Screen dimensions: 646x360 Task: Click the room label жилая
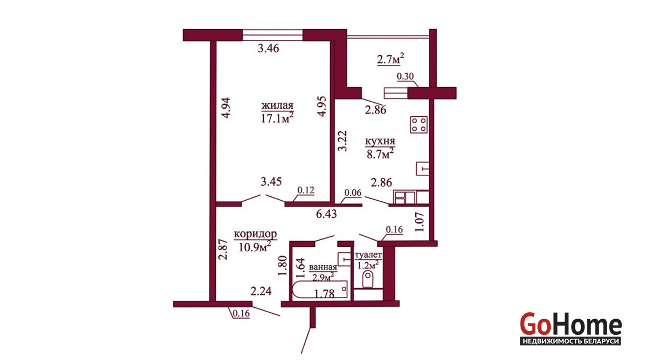(277, 106)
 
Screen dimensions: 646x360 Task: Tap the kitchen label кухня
(380, 142)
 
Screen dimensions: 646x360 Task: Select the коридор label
(256, 234)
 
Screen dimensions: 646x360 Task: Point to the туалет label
(368, 255)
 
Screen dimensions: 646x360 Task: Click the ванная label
(323, 267)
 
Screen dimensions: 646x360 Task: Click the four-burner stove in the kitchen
(419, 124)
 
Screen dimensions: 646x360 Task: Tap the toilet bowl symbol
(368, 279)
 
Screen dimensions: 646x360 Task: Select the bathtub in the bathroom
(320, 290)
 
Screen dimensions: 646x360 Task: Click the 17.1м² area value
(277, 118)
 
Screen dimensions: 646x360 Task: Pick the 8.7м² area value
(380, 154)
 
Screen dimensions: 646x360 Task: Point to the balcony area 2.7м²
(390, 59)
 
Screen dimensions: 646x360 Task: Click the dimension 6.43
(326, 214)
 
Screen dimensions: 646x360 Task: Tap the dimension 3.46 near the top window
(268, 48)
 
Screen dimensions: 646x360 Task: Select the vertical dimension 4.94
(226, 108)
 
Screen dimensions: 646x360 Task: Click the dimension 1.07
(419, 222)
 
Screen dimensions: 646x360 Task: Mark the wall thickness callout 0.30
(405, 76)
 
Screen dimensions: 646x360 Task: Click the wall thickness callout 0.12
(306, 190)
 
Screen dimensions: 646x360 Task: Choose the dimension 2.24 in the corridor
(261, 291)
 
